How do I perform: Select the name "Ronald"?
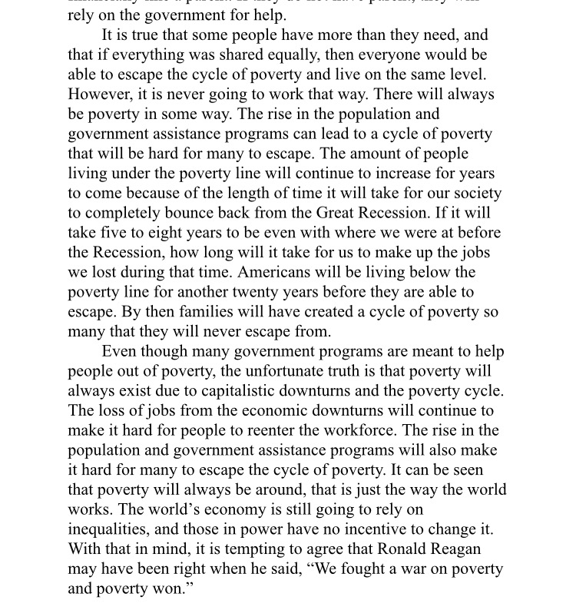(x=401, y=549)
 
